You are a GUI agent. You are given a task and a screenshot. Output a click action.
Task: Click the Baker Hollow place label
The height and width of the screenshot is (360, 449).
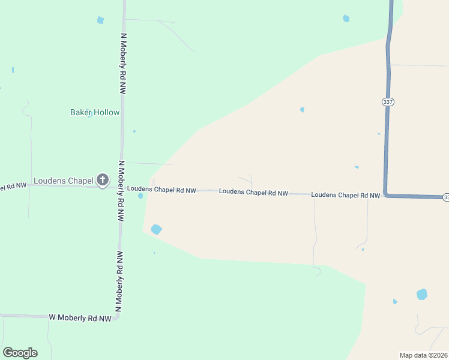[x=95, y=112]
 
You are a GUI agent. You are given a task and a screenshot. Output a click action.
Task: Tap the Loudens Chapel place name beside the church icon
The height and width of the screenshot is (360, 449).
[x=64, y=180]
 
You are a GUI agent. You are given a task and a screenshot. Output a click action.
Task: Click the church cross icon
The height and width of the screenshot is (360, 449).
[x=103, y=179]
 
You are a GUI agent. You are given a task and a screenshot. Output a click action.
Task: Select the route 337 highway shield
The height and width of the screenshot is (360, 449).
[x=388, y=102]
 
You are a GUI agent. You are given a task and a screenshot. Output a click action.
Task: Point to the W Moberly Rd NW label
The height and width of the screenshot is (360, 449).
[x=80, y=317]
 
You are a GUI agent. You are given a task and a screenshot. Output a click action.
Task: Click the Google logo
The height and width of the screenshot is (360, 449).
[x=20, y=353]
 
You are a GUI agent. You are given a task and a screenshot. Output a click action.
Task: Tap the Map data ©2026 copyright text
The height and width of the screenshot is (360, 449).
[x=423, y=355]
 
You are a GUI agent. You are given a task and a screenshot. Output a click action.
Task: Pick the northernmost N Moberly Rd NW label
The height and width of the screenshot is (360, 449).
[x=124, y=63]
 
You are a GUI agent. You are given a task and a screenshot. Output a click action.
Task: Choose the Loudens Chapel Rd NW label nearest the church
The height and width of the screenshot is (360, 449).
[x=162, y=190]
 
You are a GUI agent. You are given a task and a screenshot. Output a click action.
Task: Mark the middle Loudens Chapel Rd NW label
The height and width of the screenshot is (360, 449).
[x=253, y=193]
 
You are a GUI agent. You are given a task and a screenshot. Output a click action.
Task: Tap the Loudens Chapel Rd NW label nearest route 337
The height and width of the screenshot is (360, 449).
[x=346, y=195]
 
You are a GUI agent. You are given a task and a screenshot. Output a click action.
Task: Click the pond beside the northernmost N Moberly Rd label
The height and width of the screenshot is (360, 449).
[x=100, y=20]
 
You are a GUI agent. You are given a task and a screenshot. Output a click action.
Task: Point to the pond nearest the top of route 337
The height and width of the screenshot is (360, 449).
[x=346, y=19]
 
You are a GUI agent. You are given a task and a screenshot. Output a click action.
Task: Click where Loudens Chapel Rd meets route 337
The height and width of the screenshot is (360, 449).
[x=385, y=195]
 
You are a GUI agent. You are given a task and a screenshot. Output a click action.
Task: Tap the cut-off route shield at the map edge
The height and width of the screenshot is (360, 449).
[x=446, y=197]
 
